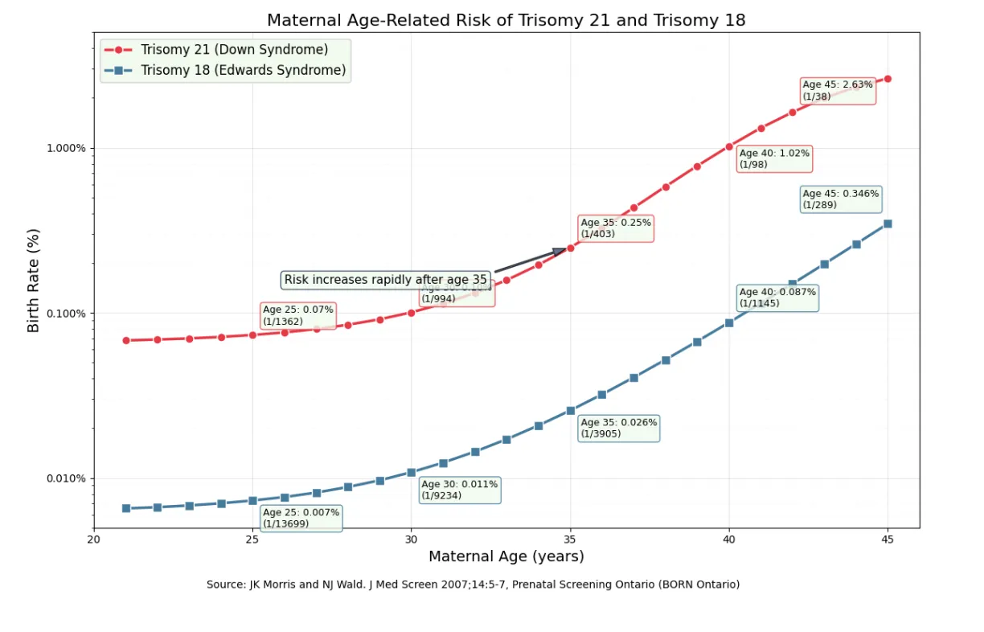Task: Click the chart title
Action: click(506, 20)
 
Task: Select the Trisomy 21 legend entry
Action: click(234, 50)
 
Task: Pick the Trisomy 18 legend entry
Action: click(243, 71)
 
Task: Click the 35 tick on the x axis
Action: click(570, 539)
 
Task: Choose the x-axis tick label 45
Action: click(888, 539)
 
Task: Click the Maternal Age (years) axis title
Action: click(506, 556)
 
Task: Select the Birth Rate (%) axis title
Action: click(33, 280)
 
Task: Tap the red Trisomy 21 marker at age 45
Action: click(888, 79)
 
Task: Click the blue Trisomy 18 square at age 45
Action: click(888, 224)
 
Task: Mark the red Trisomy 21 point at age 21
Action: click(126, 340)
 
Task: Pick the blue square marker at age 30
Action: click(412, 473)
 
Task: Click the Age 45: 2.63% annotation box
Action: click(838, 91)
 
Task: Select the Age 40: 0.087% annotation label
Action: click(777, 298)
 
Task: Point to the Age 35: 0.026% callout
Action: click(618, 428)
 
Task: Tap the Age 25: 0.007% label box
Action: click(301, 519)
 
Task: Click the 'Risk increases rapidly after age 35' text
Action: click(385, 280)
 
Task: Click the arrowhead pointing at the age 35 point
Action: click(560, 252)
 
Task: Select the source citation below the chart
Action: click(473, 585)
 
